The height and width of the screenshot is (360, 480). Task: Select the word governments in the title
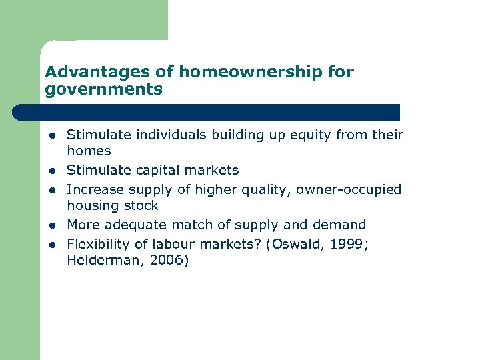[104, 89]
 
